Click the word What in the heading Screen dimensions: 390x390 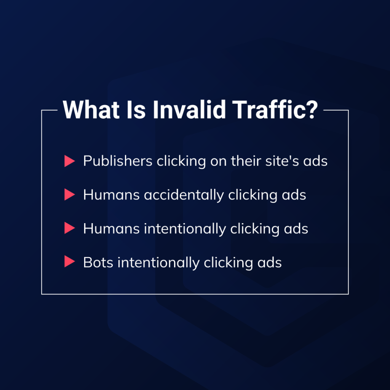click(91, 110)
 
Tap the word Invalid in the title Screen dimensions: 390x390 click(189, 110)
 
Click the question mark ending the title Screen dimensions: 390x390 click(312, 110)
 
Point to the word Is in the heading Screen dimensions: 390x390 click(136, 110)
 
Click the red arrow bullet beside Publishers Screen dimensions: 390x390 click(70, 161)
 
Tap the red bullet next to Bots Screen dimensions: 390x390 click(70, 261)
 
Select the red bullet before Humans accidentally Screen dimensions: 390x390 click(70, 195)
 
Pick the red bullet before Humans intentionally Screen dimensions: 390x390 click(70, 228)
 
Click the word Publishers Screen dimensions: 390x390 click(118, 161)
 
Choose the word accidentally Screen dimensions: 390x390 click(184, 195)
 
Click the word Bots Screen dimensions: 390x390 click(99, 262)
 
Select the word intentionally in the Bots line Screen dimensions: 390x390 click(158, 263)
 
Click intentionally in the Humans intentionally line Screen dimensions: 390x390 click(185, 229)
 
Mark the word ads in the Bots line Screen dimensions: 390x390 click(270, 263)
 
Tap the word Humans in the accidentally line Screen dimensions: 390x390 click(112, 195)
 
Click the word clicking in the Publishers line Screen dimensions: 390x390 click(181, 161)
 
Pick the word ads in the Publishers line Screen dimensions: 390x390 click(315, 161)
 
